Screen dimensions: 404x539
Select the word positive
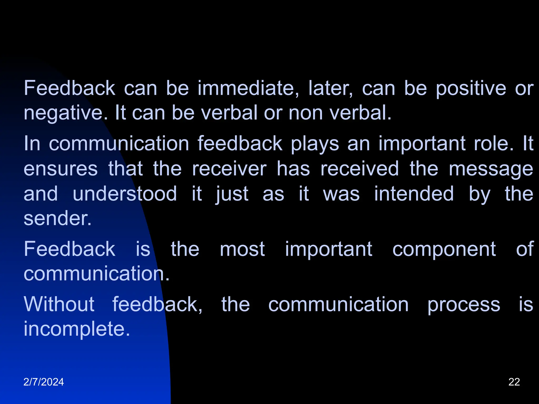(471, 89)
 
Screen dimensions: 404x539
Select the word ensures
(61, 169)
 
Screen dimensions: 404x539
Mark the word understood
(125, 194)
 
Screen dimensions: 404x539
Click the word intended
(414, 194)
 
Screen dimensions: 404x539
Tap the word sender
(58, 218)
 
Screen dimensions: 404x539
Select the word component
(444, 249)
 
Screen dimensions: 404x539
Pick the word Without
(59, 304)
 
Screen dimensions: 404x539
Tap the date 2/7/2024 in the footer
(44, 382)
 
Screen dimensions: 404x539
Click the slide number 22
(514, 382)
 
